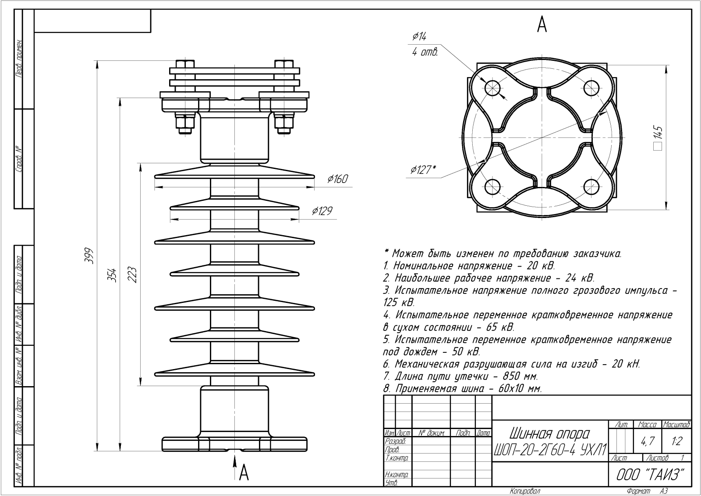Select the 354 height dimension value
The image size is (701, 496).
click(112, 274)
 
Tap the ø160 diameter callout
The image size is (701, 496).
click(337, 179)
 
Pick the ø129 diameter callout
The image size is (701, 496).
click(322, 211)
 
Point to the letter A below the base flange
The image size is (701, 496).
click(244, 472)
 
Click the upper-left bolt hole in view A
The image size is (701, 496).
click(493, 88)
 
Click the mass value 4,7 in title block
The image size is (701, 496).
click(647, 442)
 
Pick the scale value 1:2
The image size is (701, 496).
click(676, 442)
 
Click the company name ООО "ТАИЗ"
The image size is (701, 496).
click(651, 475)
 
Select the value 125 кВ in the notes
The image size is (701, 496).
click(398, 303)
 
